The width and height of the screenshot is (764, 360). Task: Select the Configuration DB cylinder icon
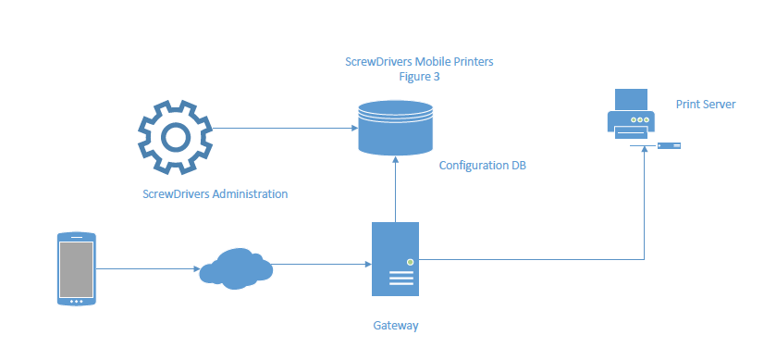point(395,129)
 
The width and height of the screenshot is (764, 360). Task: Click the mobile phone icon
point(76,269)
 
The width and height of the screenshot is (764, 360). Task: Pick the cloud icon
point(237,267)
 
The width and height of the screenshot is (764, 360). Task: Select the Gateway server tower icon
point(395,259)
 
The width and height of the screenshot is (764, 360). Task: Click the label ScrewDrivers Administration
point(215,194)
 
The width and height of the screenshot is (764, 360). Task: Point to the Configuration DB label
point(488,165)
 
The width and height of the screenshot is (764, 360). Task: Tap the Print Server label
point(705,105)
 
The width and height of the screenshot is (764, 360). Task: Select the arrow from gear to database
point(287,130)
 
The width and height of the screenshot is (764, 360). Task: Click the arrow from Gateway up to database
point(395,190)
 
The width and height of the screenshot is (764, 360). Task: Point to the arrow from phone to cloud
point(148,269)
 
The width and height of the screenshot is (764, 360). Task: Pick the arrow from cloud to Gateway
point(319,265)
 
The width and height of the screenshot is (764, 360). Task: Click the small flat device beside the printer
point(671,145)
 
